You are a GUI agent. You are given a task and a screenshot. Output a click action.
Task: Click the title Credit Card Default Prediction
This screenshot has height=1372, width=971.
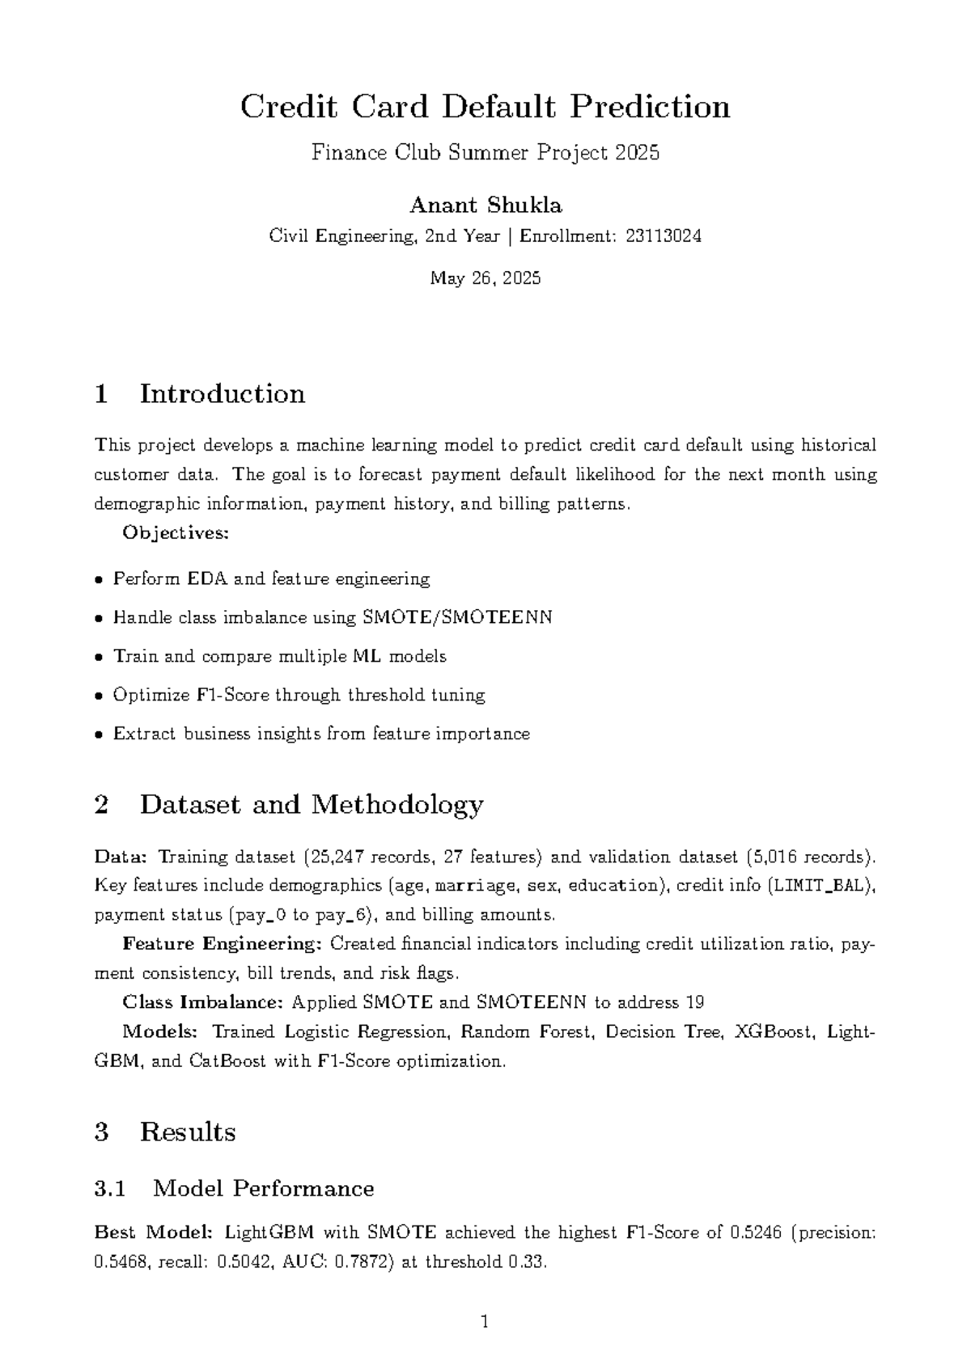[485, 107]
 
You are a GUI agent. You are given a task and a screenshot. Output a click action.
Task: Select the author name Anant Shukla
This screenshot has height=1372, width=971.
[485, 205]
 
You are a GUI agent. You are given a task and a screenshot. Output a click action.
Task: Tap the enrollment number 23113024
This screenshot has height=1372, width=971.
[664, 236]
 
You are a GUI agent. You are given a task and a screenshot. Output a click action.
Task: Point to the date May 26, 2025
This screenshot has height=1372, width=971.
[485, 279]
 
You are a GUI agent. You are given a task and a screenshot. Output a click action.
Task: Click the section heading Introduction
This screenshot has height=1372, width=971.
[222, 394]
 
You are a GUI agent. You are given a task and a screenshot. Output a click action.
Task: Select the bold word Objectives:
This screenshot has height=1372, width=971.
[176, 533]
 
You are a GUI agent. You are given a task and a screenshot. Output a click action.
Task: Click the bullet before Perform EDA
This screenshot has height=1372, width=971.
[99, 580]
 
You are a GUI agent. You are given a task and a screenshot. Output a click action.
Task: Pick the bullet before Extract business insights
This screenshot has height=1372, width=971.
[99, 735]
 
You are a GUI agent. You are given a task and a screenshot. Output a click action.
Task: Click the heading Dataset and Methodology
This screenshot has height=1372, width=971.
[311, 804]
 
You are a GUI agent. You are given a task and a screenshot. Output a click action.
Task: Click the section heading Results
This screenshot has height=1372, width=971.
[187, 1132]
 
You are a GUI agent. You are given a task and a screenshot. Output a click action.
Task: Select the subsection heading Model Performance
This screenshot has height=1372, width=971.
[263, 1188]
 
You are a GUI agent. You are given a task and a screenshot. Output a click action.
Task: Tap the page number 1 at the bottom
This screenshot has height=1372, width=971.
[485, 1323]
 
